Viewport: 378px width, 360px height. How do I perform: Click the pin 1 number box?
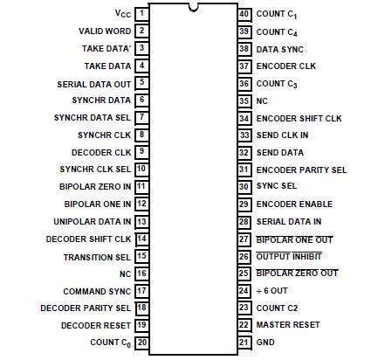tap(141, 14)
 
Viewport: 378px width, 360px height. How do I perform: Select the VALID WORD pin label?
tap(105, 31)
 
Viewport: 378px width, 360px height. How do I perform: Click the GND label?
tap(265, 342)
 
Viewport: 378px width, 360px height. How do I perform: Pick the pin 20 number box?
tap(141, 342)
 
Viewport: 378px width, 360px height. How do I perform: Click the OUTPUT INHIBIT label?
tap(288, 256)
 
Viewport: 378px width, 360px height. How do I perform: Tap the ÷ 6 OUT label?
tap(273, 290)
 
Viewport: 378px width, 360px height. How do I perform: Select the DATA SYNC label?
tap(279, 49)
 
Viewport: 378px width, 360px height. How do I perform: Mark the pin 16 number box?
tap(141, 273)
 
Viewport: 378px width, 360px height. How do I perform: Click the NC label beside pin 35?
tap(262, 100)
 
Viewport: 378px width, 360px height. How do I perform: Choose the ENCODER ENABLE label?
tap(293, 204)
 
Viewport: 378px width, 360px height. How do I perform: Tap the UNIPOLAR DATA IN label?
tap(92, 221)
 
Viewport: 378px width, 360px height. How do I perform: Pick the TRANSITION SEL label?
tap(97, 256)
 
